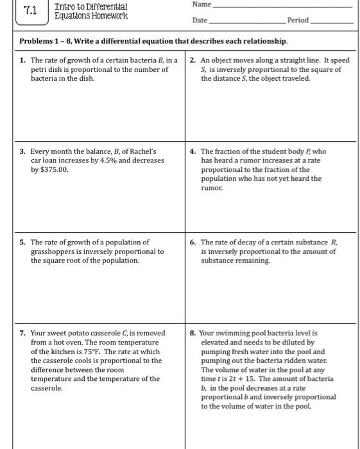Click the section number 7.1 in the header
click(x=30, y=11)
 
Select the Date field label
click(x=200, y=21)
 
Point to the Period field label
click(x=298, y=21)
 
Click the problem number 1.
click(x=22, y=60)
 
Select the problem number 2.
click(x=193, y=60)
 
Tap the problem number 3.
click(x=22, y=152)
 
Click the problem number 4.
click(x=193, y=152)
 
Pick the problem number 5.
click(x=22, y=242)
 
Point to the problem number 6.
click(x=193, y=242)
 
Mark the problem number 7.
click(x=22, y=334)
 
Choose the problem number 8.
click(x=193, y=334)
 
